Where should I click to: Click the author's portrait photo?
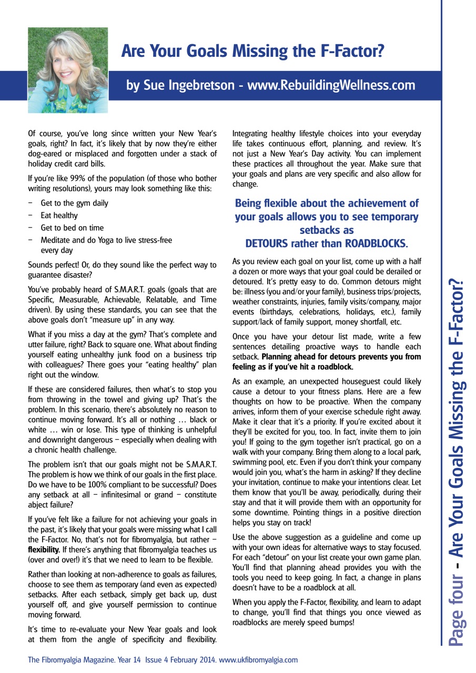click(x=68, y=70)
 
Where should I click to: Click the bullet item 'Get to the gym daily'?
click(x=75, y=203)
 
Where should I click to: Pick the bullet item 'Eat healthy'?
click(x=59, y=216)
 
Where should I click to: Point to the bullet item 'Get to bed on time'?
click(x=72, y=228)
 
